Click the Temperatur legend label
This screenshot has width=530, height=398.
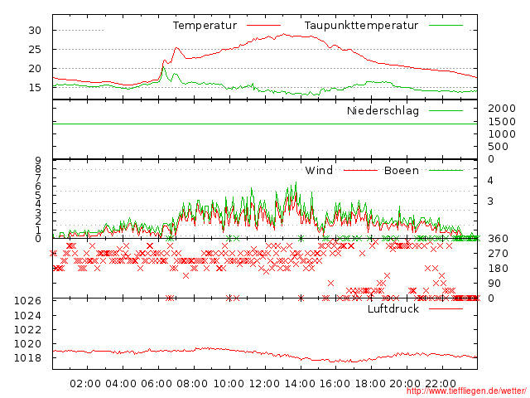(205, 26)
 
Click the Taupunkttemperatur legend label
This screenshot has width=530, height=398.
(360, 26)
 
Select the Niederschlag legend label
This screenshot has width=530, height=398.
(383, 111)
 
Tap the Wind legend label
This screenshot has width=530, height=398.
(319, 171)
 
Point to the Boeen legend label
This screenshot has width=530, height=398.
(401, 171)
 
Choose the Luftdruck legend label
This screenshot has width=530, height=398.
(393, 309)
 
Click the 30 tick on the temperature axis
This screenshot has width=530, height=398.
(35, 30)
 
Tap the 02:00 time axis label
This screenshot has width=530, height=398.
(85, 384)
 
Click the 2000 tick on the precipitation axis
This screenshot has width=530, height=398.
(501, 109)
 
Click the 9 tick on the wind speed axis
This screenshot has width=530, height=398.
(38, 160)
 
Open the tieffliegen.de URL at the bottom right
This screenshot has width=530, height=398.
(465, 391)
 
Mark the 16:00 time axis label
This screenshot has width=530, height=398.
(335, 384)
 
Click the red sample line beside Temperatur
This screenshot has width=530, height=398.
(263, 26)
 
